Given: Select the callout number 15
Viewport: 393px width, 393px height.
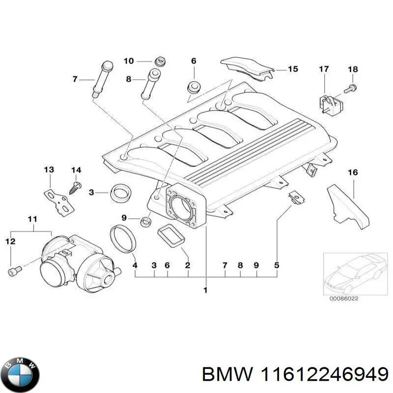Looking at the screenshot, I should pyautogui.click(x=292, y=69).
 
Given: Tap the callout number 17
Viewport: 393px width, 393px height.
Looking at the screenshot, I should pyautogui.click(x=324, y=69).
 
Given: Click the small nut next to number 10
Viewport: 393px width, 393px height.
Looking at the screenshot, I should pyautogui.click(x=159, y=61).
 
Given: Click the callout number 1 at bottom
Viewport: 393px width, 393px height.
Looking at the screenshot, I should pyautogui.click(x=205, y=290).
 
